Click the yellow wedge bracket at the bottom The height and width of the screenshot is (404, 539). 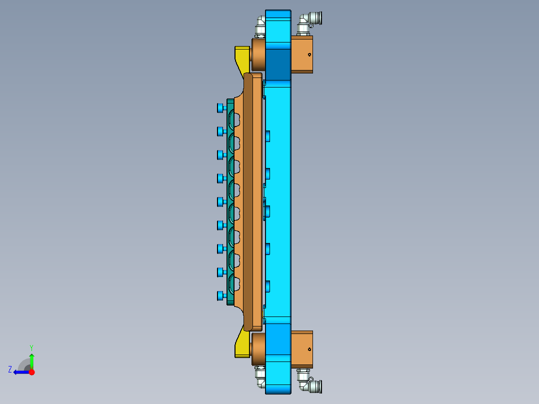tap(242, 345)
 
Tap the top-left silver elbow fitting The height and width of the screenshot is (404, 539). tap(260, 25)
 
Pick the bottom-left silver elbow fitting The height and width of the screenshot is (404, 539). tap(260, 378)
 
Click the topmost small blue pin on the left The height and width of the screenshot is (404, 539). tap(220, 108)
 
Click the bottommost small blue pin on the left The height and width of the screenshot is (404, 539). tap(220, 295)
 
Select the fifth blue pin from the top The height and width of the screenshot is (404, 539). tap(220, 201)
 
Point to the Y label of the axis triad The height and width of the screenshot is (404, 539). tap(31, 347)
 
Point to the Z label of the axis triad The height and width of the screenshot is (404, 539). tap(10, 369)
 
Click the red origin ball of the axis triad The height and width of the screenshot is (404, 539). tap(31, 372)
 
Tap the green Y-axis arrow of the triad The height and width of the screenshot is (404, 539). tap(31, 360)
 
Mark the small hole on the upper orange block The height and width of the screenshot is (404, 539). tap(310, 54)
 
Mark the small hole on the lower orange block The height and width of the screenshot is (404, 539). tap(310, 349)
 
